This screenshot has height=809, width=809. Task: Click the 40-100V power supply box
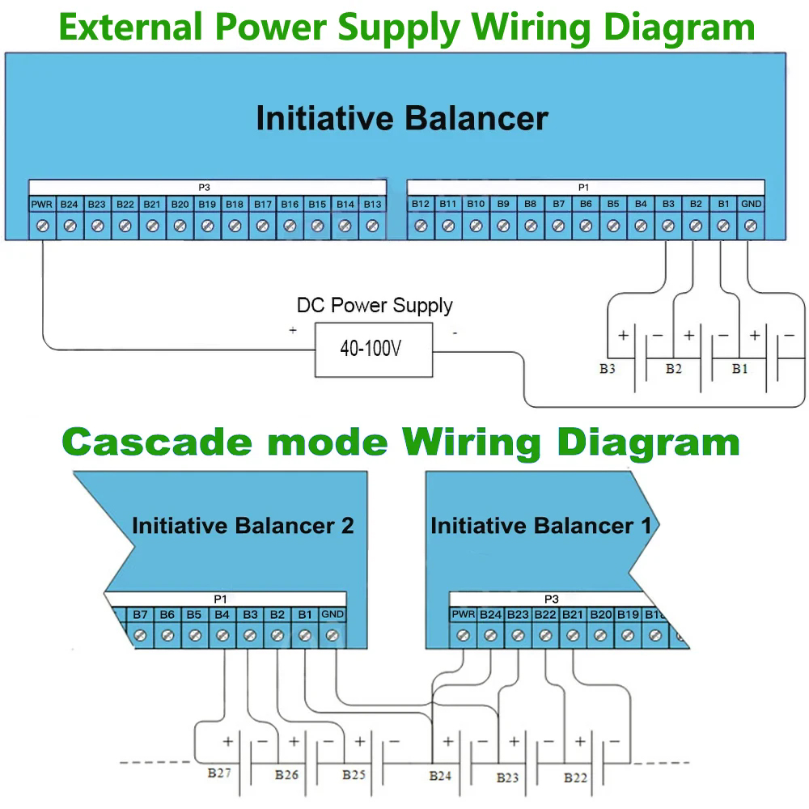click(373, 349)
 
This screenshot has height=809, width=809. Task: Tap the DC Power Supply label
click(375, 306)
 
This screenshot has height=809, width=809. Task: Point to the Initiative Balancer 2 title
click(243, 526)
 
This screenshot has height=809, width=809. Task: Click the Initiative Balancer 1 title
click(540, 526)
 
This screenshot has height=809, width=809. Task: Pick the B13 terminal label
click(372, 205)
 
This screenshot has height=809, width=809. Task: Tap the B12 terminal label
click(421, 205)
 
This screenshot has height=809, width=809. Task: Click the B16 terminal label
click(290, 205)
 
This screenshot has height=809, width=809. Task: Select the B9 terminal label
click(503, 205)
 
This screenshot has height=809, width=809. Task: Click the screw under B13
click(372, 227)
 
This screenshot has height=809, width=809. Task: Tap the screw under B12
click(421, 227)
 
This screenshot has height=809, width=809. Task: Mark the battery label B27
click(219, 773)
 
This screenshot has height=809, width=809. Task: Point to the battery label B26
click(286, 775)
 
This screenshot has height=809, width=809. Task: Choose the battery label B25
click(354, 775)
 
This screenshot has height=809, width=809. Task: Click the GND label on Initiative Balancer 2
click(332, 615)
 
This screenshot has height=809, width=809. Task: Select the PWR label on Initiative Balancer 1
click(464, 615)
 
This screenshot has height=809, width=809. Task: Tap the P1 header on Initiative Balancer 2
click(220, 599)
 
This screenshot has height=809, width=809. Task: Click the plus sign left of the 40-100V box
click(292, 330)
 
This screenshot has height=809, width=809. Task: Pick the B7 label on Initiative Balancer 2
click(140, 615)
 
